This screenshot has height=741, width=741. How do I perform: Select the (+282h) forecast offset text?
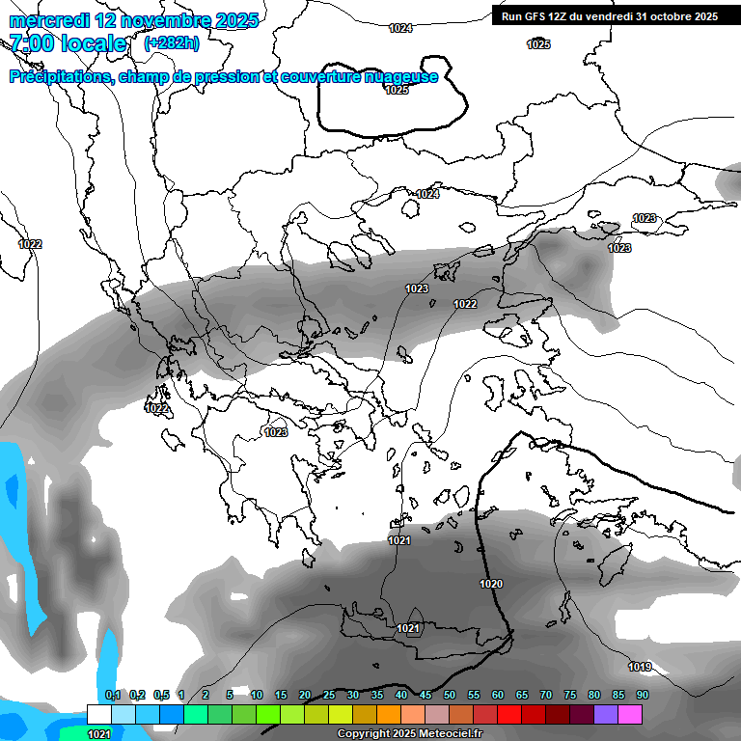coord(172,43)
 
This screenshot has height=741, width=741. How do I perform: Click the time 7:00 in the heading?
coord(34,43)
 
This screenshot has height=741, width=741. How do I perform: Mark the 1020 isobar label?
coord(491,584)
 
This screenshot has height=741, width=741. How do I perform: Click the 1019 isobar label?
coord(640,667)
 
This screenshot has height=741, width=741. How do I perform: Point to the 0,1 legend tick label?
coord(112,696)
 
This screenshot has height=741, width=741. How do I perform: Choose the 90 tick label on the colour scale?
coord(642,696)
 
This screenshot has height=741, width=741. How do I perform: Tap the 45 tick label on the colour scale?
coord(425,696)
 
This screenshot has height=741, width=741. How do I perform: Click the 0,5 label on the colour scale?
coord(160,696)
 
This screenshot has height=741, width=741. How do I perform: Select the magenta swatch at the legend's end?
coord(630,714)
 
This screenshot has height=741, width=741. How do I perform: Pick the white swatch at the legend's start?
coord(98,714)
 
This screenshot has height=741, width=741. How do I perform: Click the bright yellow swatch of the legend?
coord(340,714)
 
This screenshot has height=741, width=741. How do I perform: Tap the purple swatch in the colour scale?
coord(606,714)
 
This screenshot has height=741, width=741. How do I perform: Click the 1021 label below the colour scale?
coord(98,734)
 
